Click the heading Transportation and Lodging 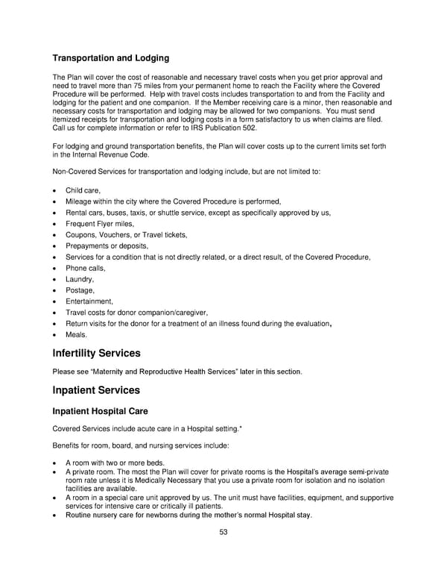(111, 58)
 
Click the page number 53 (223, 531)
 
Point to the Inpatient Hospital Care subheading (100, 411)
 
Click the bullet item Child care (83, 191)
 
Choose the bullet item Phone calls (86, 268)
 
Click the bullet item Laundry (80, 279)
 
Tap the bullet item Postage (80, 289)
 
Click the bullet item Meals (77, 334)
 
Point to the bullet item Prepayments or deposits (107, 245)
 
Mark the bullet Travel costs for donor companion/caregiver (136, 312)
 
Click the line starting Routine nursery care (188, 515)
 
